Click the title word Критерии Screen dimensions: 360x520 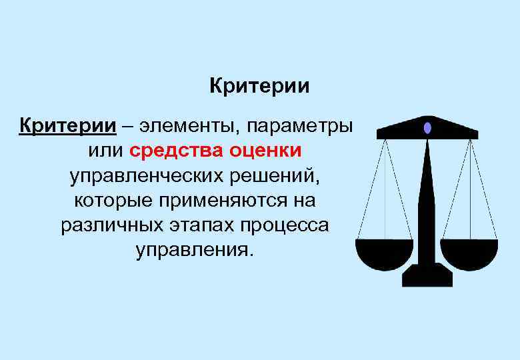pos(260,87)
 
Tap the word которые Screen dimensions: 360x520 pos(111,201)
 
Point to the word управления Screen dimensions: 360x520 pos(195,251)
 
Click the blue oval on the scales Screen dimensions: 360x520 pos(427,127)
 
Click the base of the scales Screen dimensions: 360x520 pos(427,275)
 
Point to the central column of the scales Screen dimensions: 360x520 pos(427,200)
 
